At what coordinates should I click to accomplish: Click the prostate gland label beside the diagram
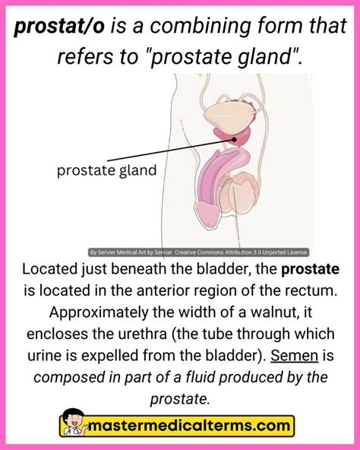tap(106, 170)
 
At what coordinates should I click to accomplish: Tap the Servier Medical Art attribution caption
tap(199, 253)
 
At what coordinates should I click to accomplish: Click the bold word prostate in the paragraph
tap(310, 270)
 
